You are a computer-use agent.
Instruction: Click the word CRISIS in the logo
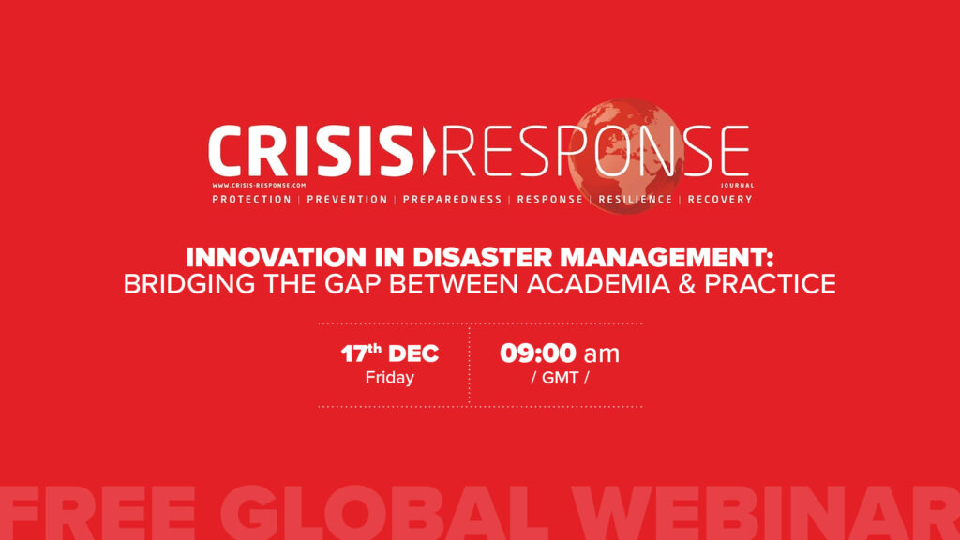pyautogui.click(x=311, y=151)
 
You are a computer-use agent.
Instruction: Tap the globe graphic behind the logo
pyautogui.click(x=624, y=157)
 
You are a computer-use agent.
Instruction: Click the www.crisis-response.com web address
pyautogui.click(x=259, y=185)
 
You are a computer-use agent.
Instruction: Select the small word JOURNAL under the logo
pyautogui.click(x=737, y=185)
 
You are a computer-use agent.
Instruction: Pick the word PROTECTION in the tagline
pyautogui.click(x=251, y=199)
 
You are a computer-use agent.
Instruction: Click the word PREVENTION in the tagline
pyautogui.click(x=347, y=199)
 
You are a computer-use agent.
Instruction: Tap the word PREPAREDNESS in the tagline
pyautogui.click(x=452, y=199)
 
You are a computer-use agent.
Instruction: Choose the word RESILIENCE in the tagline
pyautogui.click(x=635, y=199)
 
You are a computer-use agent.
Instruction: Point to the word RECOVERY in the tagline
pyautogui.click(x=720, y=199)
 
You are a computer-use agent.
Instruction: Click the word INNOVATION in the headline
pyautogui.click(x=277, y=257)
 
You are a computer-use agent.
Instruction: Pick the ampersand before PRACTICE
pyautogui.click(x=687, y=284)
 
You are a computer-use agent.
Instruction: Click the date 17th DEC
pyautogui.click(x=390, y=353)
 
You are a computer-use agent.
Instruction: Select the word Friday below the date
pyautogui.click(x=390, y=378)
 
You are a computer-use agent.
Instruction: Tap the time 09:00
pyautogui.click(x=537, y=353)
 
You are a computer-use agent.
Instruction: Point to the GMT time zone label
pyautogui.click(x=561, y=378)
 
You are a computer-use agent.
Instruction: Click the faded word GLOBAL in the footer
pyautogui.click(x=383, y=513)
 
